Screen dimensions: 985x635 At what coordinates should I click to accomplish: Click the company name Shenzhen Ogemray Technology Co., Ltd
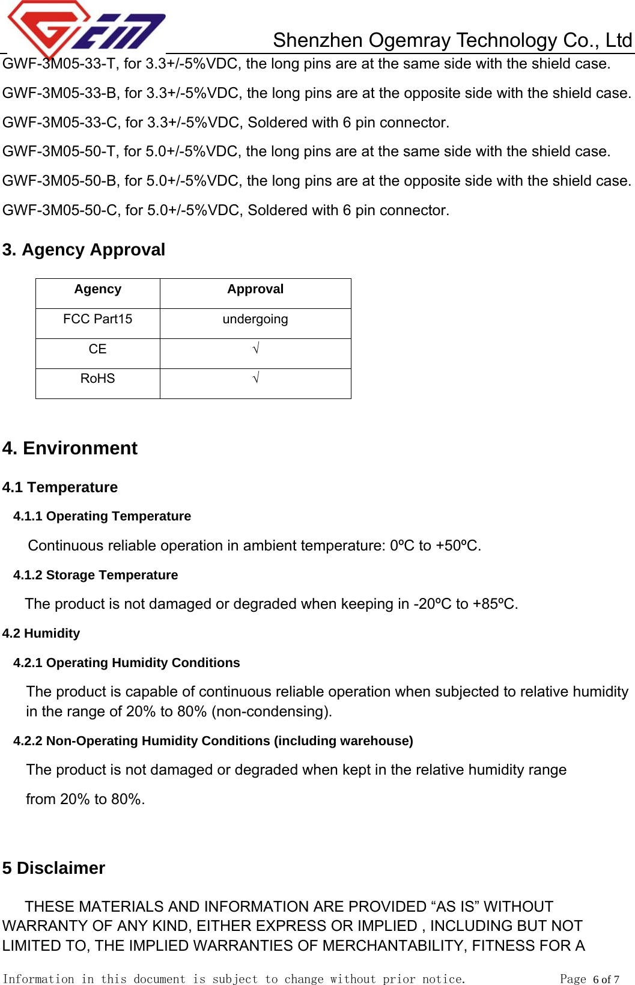pos(452,40)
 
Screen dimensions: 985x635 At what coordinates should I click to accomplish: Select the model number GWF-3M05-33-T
pos(59,64)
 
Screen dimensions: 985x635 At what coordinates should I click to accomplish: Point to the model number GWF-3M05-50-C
pos(60,210)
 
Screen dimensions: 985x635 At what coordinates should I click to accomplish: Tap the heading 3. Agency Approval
pos(84,250)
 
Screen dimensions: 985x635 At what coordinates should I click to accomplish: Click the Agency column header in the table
pos(97,290)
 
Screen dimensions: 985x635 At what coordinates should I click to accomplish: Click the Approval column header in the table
pos(255,290)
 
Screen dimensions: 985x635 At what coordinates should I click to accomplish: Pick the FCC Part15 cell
pos(97,319)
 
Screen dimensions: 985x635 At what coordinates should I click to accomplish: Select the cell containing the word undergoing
pos(255,319)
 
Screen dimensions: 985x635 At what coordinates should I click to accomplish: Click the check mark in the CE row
pos(255,349)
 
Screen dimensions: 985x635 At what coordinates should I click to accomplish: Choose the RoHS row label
pos(97,379)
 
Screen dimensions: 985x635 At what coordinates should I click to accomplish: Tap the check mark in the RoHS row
pos(255,378)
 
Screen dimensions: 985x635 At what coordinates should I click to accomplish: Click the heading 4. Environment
pos(70,448)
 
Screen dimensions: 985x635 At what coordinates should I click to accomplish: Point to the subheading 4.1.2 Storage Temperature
pos(96,575)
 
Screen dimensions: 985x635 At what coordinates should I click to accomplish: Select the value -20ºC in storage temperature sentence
pos(432,604)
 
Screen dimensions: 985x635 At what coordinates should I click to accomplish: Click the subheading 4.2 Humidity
pos(41,633)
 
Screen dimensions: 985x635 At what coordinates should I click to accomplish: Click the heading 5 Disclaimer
pos(53,868)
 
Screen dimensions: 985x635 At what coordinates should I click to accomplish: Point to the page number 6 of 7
pos(606,979)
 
